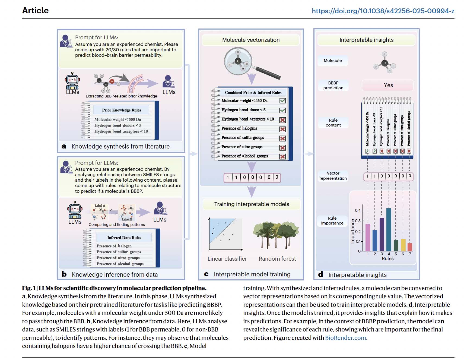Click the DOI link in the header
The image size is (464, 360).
pyautogui.click(x=383, y=11)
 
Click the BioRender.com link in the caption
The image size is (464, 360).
pyautogui.click(x=345, y=338)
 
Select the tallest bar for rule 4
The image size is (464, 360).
pyautogui.click(x=389, y=229)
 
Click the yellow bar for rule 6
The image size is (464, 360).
pyautogui.click(x=403, y=245)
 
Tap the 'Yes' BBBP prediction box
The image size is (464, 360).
pyautogui.click(x=388, y=85)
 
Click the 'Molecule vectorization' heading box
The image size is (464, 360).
pyautogui.click(x=251, y=40)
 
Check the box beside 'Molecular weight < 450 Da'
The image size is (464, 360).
pyautogui.click(x=282, y=101)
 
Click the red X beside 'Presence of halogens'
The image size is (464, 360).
pyautogui.click(x=282, y=129)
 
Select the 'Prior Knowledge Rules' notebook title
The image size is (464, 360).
pyautogui.click(x=121, y=110)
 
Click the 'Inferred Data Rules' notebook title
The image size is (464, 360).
pyautogui.click(x=124, y=238)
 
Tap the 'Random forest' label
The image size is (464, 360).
pyautogui.click(x=277, y=259)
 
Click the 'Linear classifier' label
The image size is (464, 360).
pyautogui.click(x=227, y=259)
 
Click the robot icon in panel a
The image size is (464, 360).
pyautogui.click(x=72, y=81)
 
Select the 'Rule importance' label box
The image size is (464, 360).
pyautogui.click(x=332, y=220)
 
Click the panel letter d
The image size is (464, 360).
pyautogui.click(x=320, y=274)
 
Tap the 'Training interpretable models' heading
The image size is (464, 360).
pyautogui.click(x=252, y=204)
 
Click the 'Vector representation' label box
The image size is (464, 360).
pyautogui.click(x=333, y=176)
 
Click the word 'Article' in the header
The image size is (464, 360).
pyautogui.click(x=36, y=10)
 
